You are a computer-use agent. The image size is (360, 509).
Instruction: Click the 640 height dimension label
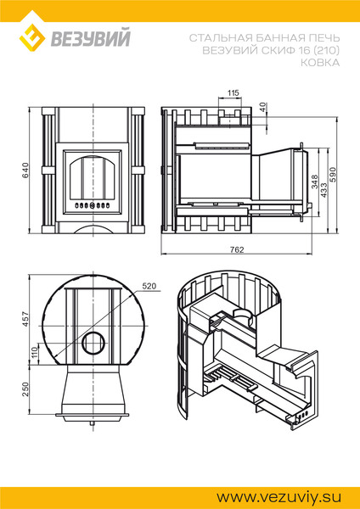pyautogui.click(x=25, y=171)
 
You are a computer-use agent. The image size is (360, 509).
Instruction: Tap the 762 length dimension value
pyautogui.click(x=237, y=249)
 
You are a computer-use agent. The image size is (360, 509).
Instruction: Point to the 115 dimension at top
pyautogui.click(x=233, y=93)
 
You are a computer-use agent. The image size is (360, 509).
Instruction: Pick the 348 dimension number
pyautogui.click(x=314, y=182)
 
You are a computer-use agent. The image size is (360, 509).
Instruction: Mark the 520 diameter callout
pyautogui.click(x=149, y=286)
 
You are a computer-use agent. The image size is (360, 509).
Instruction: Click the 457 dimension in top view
pyautogui.click(x=25, y=320)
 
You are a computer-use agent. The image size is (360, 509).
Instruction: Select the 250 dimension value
pyautogui.click(x=25, y=389)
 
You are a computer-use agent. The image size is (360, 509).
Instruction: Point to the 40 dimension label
pyautogui.click(x=263, y=107)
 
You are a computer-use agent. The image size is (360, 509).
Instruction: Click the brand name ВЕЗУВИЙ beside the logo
pyautogui.click(x=90, y=37)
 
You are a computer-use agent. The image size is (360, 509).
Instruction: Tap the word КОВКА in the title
pyautogui.click(x=320, y=63)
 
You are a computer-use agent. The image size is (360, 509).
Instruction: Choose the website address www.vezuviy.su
pyautogui.click(x=279, y=497)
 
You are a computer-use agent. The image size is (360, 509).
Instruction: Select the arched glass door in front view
pyautogui.click(x=93, y=177)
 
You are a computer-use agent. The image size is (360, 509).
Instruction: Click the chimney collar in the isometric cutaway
pyautogui.click(x=242, y=314)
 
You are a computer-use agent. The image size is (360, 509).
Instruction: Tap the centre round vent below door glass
pyautogui.click(x=93, y=205)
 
